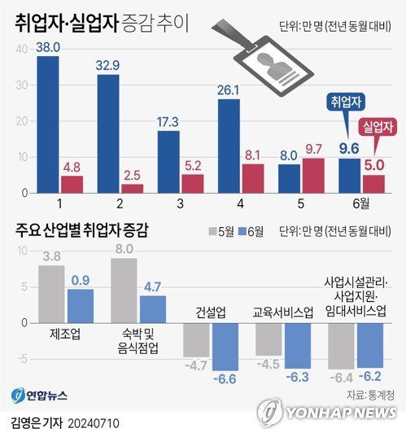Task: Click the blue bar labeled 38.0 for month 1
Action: (x=48, y=125)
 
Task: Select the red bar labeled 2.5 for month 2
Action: (x=132, y=188)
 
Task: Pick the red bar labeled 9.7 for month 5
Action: (x=312, y=175)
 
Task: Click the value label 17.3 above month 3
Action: (x=168, y=120)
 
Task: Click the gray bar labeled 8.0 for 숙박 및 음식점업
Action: (x=124, y=290)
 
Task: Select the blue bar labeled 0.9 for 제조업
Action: (x=81, y=305)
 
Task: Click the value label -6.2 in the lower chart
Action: (x=371, y=377)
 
